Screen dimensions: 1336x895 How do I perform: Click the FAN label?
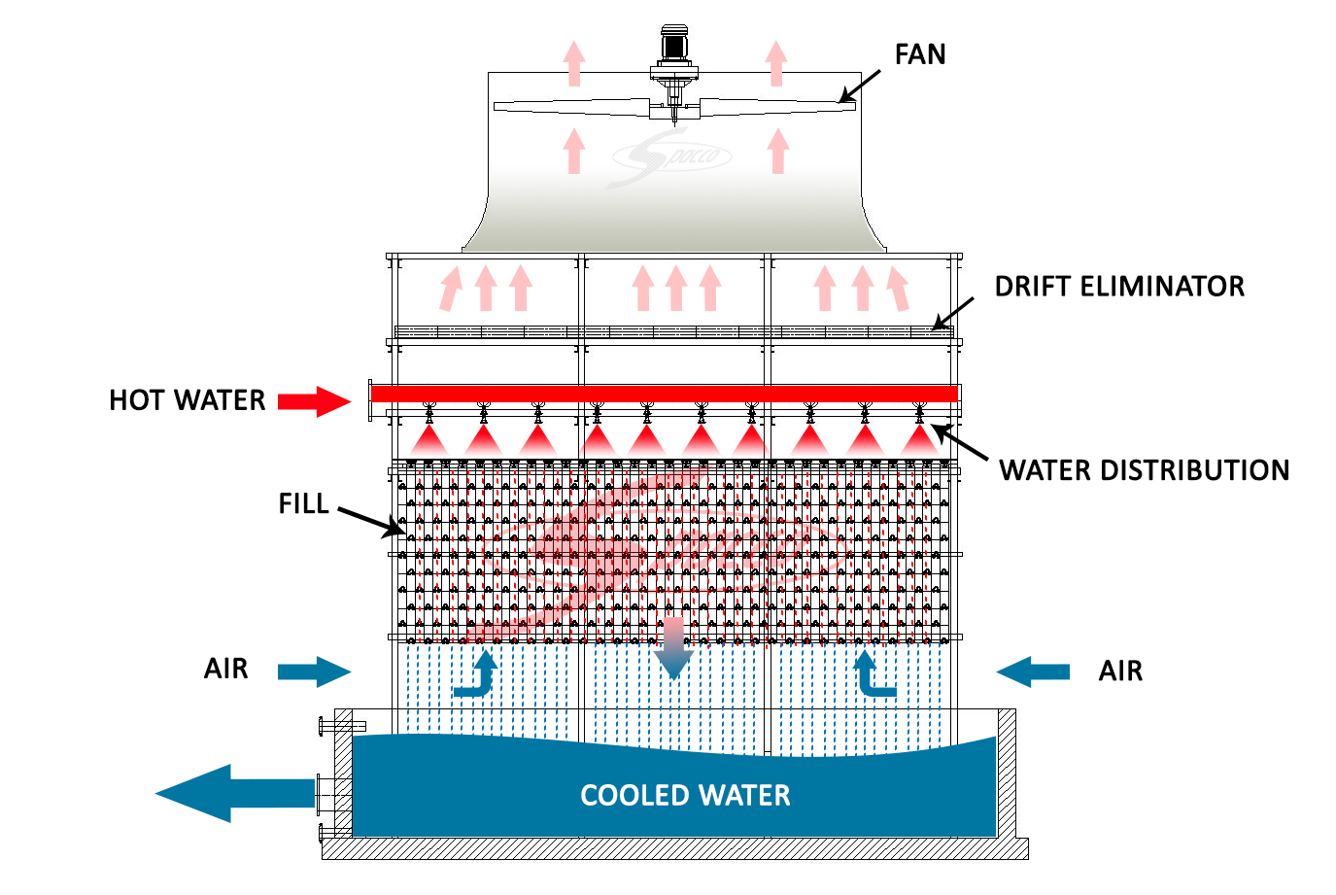click(920, 54)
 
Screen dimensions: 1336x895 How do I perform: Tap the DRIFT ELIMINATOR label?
click(1119, 287)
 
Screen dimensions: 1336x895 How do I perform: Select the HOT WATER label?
click(188, 399)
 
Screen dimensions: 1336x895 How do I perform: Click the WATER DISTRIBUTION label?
click(1145, 470)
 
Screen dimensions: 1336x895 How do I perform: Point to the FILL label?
click(303, 503)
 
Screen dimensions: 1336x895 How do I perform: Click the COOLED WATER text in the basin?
click(685, 795)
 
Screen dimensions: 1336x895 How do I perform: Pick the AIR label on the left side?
click(226, 669)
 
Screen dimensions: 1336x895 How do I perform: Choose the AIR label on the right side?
click(1120, 671)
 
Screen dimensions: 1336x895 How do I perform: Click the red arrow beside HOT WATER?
click(314, 401)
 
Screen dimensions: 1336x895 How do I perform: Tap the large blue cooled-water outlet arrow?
click(235, 794)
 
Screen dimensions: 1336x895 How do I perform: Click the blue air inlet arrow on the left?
click(314, 671)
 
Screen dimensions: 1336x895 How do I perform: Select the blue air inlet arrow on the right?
click(1033, 671)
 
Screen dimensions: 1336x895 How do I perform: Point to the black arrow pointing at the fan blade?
click(859, 86)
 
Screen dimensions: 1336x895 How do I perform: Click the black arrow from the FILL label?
click(371, 522)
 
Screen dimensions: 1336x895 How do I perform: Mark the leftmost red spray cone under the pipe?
click(428, 441)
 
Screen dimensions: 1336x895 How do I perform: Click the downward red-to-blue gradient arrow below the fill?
click(673, 648)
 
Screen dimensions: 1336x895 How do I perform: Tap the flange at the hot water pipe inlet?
click(370, 399)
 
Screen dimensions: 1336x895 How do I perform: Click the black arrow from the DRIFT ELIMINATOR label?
click(952, 314)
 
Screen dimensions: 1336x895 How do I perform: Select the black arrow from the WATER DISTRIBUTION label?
click(960, 442)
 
